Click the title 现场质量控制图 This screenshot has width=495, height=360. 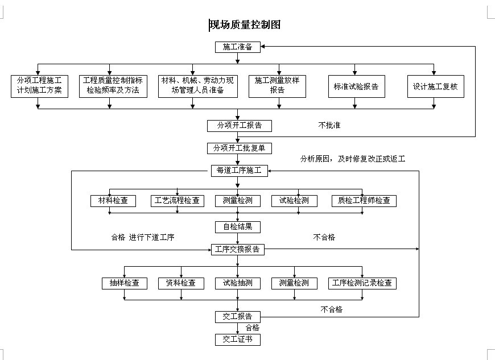(x=245, y=25)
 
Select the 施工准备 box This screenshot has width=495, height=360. (x=238, y=47)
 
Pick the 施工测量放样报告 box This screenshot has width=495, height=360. (x=277, y=85)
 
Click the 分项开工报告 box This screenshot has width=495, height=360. (x=238, y=125)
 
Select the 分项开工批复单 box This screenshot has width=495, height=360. (x=239, y=148)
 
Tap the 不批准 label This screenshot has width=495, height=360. (x=329, y=125)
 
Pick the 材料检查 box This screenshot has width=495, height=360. (x=113, y=201)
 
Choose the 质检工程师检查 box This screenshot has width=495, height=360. (x=364, y=201)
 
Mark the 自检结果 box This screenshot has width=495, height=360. (x=238, y=227)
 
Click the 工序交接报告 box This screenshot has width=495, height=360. (x=238, y=249)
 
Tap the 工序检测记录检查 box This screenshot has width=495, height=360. (x=362, y=283)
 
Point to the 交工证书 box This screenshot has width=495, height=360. (x=238, y=340)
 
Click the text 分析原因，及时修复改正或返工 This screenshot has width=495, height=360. (x=353, y=159)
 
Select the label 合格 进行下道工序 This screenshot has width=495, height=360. (x=143, y=238)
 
